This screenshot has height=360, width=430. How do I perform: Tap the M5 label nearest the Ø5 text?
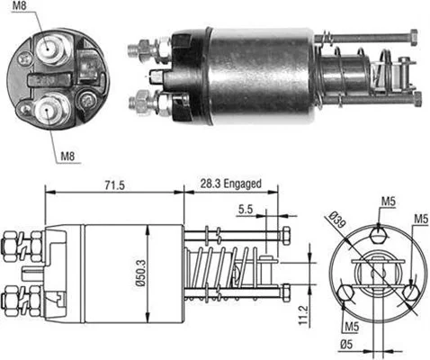tap(346, 324)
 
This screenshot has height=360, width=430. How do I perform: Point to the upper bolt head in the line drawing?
tap(286, 236)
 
